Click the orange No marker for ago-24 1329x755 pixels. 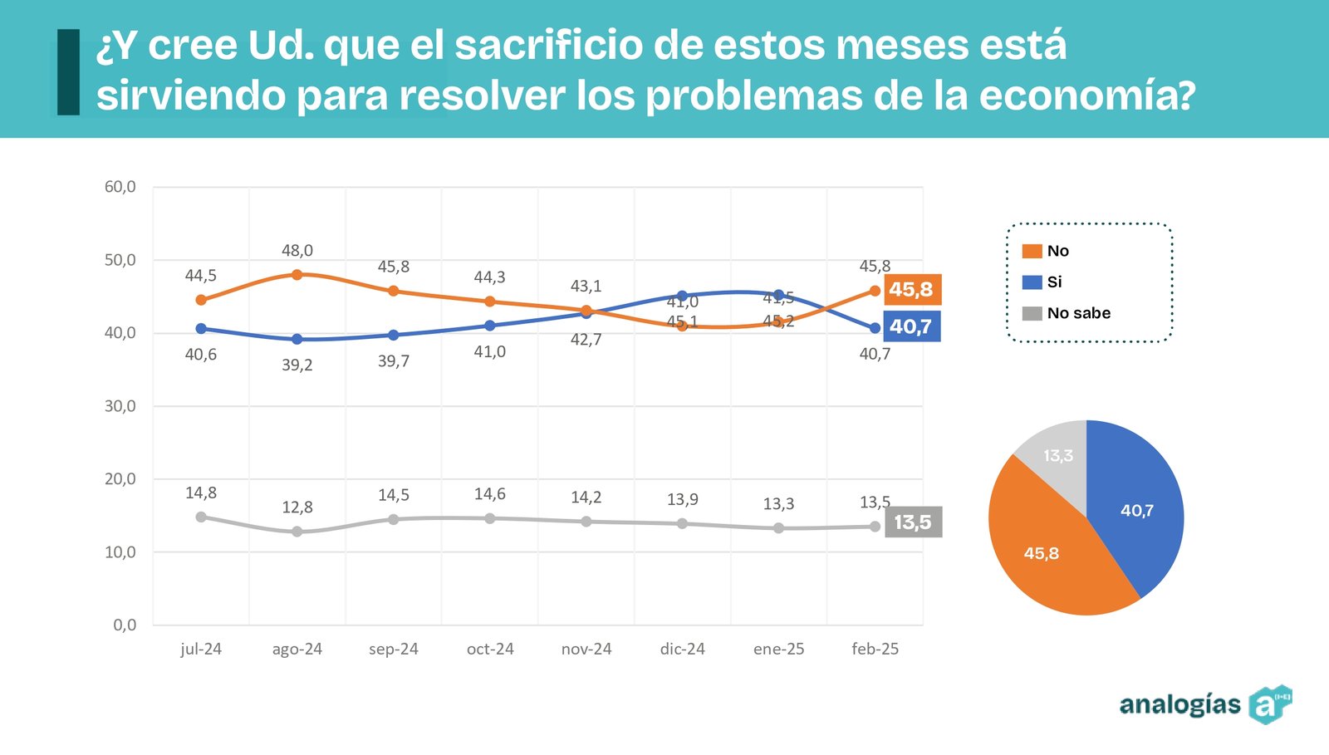297,274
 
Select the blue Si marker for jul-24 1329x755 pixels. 201,329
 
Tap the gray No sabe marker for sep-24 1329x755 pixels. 394,519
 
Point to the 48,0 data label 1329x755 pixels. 297,251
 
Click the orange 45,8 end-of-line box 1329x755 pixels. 912,290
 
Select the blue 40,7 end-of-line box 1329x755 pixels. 912,326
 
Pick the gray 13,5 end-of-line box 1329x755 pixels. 913,522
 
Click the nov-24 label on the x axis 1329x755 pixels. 586,649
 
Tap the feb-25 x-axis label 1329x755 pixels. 875,649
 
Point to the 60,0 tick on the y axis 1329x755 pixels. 120,187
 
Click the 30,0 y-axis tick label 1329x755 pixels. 120,406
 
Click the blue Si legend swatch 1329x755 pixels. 1032,282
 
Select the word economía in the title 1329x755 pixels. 1086,95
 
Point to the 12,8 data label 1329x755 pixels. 297,507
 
